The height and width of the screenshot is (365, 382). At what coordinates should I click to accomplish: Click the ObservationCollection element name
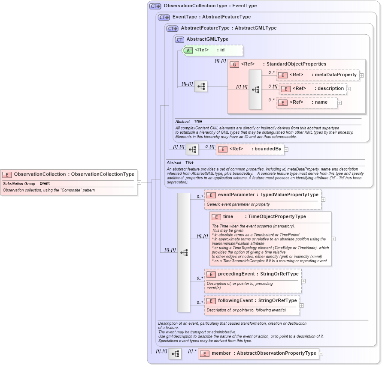click(x=40, y=174)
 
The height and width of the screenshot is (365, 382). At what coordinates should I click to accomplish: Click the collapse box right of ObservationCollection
click(x=139, y=182)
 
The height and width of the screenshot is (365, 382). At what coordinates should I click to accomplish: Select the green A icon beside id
click(x=188, y=50)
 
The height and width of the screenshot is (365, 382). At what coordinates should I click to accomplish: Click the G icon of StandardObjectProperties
click(x=234, y=64)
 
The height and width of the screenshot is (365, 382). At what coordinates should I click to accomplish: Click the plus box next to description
click(x=349, y=89)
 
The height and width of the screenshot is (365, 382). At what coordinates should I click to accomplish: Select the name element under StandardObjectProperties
click(x=321, y=102)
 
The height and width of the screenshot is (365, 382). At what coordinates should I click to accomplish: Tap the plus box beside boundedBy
click(x=286, y=150)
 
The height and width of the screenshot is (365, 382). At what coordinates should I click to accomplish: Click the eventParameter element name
click(x=236, y=195)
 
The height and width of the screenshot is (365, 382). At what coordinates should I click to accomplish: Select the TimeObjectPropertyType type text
click(x=277, y=217)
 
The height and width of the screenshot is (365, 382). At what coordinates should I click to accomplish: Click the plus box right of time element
click(x=333, y=239)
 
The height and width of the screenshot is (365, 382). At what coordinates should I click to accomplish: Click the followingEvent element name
click(x=235, y=301)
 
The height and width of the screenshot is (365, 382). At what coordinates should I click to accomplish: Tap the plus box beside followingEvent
click(x=301, y=305)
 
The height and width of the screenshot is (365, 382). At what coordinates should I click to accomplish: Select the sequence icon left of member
click(x=175, y=354)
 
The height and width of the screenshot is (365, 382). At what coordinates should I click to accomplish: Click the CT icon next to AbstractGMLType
click(x=180, y=39)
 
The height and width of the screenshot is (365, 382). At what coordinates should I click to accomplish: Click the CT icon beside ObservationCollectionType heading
click(x=155, y=6)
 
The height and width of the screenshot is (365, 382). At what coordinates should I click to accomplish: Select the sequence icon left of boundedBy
click(x=192, y=149)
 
